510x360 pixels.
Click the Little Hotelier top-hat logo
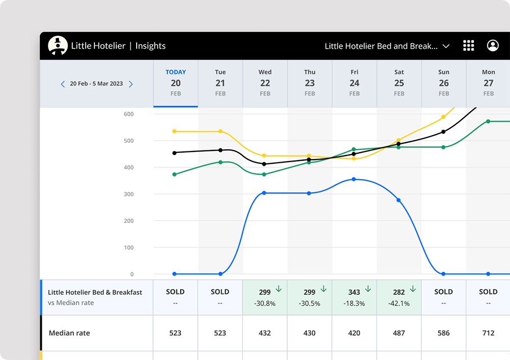pos(58,45)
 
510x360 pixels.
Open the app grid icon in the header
pos(468,45)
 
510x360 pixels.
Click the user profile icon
pos(493,45)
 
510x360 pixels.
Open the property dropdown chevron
pos(446,46)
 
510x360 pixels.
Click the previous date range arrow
pos(63,84)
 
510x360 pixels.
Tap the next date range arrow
pos(131,84)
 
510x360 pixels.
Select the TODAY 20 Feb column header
pos(175,83)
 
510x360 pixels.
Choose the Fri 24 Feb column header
pos(354,83)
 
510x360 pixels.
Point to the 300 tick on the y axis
pos(128,194)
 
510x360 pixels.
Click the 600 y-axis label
pos(128,114)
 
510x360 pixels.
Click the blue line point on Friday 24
pos(354,179)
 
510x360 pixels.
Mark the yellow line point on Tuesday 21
pos(220,131)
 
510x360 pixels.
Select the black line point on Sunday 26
pos(443,132)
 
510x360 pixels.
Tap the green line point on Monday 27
pos(488,121)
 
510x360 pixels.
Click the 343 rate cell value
pos(354,292)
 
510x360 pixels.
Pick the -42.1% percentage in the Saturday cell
pos(399,303)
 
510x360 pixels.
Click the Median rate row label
pos(69,333)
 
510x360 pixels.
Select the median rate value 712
pos(488,333)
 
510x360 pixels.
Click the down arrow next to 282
pos(413,289)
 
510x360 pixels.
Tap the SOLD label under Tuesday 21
pos(220,292)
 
